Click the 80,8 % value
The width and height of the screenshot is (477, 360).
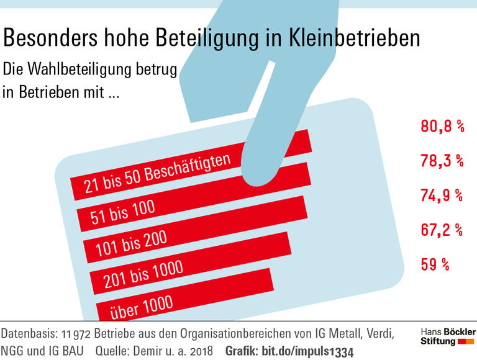pos(442,127)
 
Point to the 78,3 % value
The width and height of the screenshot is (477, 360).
pos(442,161)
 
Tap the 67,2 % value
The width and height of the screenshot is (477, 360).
pos(442,230)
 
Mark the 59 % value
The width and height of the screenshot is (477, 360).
pos(435,264)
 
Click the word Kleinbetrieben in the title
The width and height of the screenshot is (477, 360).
pos(355,38)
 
